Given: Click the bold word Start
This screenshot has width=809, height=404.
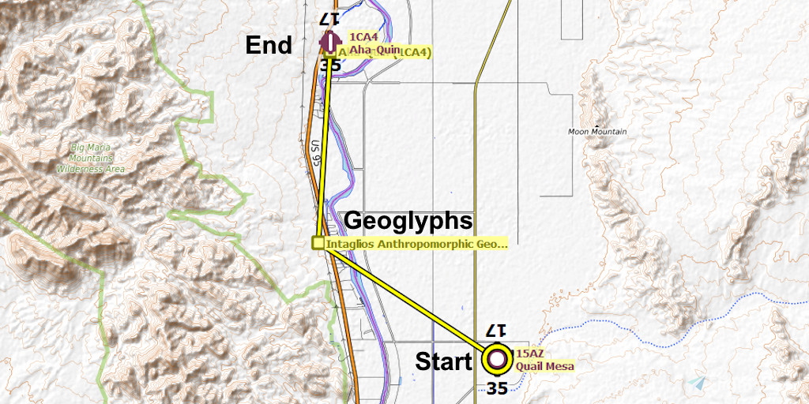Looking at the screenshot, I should tap(444, 361).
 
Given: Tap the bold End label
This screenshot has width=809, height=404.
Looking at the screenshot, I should tap(269, 46).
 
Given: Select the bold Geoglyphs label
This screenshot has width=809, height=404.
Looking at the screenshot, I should tap(408, 221).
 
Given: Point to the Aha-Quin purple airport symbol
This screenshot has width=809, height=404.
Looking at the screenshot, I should tap(329, 39).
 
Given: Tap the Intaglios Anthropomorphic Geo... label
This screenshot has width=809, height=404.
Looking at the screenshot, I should tap(416, 245).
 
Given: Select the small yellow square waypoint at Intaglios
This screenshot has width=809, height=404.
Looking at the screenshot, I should tap(318, 243).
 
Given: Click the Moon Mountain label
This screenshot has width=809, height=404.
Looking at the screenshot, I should tap(597, 132).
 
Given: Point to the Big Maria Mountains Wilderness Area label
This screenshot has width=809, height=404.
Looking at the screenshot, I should tap(92, 158).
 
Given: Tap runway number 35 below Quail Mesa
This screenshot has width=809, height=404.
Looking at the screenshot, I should tap(497, 388).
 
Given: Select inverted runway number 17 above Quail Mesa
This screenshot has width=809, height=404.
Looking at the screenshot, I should tap(495, 331).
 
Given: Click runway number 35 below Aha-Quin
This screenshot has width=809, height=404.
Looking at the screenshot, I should tap(330, 65).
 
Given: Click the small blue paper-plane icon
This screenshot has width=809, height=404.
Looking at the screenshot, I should tap(698, 382).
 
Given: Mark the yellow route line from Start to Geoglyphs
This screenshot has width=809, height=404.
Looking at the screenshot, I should tap(407, 301).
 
